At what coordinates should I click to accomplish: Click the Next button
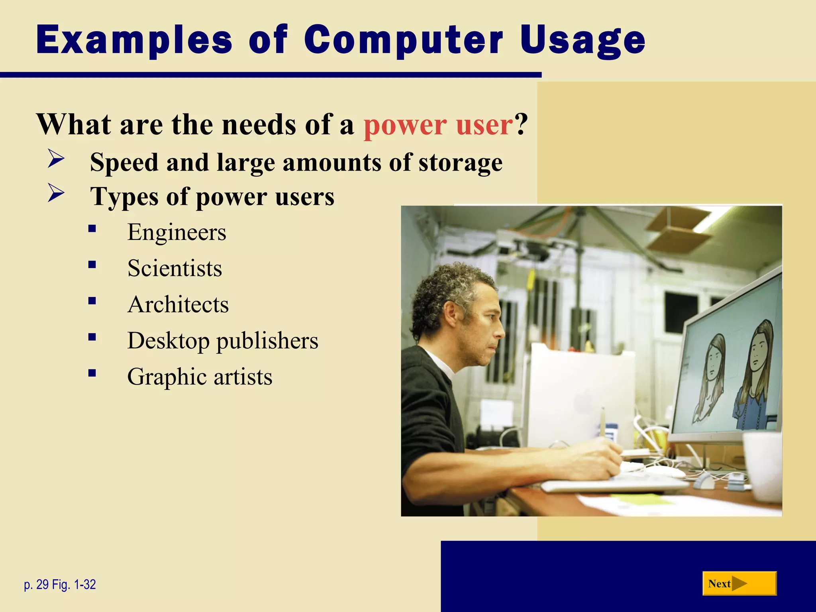[739, 584]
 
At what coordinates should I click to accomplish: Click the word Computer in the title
[403, 40]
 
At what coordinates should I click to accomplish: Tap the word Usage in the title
[583, 40]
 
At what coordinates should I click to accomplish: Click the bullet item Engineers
[177, 232]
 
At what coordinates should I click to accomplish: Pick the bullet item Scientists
[175, 268]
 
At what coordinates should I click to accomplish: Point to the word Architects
[178, 304]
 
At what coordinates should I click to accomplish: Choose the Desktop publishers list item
[222, 341]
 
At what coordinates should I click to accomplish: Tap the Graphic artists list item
[200, 377]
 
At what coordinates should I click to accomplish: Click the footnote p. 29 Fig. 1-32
[60, 585]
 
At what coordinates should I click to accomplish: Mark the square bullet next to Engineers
[92, 229]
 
